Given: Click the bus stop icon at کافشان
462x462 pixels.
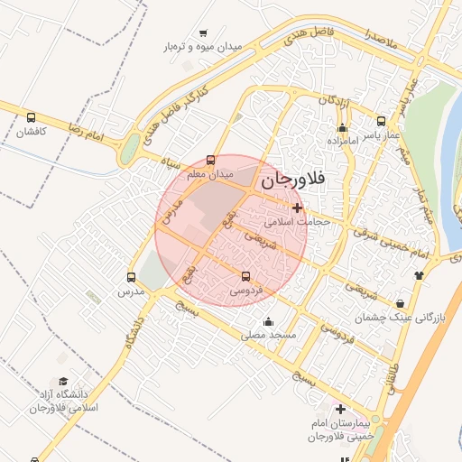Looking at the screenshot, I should [x=32, y=117].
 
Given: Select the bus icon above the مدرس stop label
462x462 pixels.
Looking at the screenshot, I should [x=132, y=278].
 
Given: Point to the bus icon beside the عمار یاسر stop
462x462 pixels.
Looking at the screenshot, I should [x=381, y=120].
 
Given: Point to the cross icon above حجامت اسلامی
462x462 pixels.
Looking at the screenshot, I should [x=297, y=207].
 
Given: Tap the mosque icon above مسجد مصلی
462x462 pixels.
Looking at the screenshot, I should [x=268, y=321].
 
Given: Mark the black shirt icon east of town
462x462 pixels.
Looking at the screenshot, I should [x=419, y=275].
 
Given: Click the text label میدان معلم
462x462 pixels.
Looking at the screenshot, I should [x=210, y=172].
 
